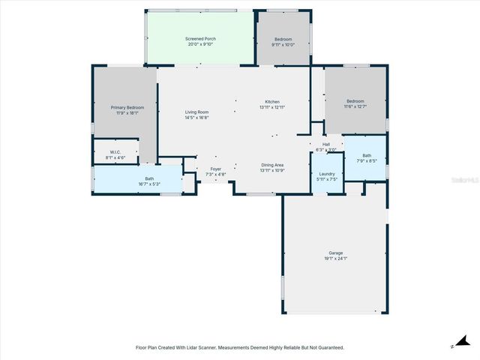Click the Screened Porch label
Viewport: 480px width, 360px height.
tap(200, 38)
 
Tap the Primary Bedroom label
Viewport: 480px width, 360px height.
tap(127, 107)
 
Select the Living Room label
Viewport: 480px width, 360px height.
tap(197, 112)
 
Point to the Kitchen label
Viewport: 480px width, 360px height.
tap(272, 101)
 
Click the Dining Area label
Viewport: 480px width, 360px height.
tap(272, 165)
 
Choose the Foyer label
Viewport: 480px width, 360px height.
tap(216, 169)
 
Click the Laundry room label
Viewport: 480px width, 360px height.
tap(327, 173)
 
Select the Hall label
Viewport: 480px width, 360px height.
tap(326, 144)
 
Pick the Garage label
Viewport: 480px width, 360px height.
tap(335, 252)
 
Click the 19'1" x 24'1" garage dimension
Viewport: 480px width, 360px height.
tap(335, 258)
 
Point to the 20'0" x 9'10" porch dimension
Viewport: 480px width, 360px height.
tap(200, 44)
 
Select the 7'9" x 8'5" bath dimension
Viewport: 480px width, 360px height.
tap(367, 160)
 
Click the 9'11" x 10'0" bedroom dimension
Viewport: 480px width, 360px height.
tap(283, 44)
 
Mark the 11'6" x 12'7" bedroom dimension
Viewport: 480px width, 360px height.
tap(355, 106)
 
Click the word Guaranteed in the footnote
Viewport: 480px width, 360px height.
tap(328, 347)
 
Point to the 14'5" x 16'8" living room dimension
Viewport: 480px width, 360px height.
tap(197, 118)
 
